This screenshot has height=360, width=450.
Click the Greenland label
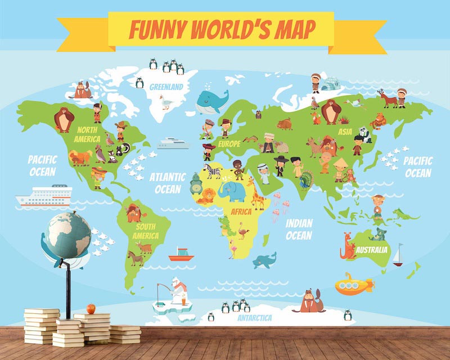(166, 87)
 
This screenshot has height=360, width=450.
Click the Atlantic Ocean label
(167, 183)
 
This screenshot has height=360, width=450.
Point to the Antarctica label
(254, 318)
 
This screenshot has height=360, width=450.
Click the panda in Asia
(365, 134)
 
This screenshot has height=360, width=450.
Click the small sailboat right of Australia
(399, 255)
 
